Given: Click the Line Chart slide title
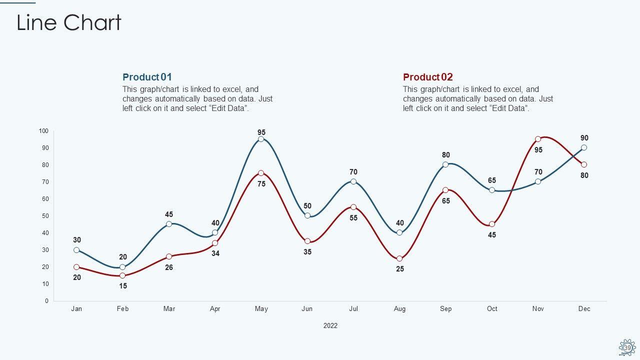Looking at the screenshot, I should point(69,23).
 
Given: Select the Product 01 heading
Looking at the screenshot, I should point(147,77).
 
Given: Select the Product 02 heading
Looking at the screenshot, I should point(427,77).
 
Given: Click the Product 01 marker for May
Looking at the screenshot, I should point(261,139).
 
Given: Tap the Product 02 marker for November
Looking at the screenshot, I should point(538,139).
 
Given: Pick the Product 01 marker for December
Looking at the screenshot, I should point(584,147).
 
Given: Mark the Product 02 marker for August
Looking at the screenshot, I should point(399,258).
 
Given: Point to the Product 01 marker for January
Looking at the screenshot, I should point(76,250).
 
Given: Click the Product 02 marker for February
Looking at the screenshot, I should point(122,275).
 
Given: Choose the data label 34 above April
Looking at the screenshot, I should point(215,253).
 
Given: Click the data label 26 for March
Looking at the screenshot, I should point(169,267).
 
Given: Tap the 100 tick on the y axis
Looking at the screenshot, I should point(44,131).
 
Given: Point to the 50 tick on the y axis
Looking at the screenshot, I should point(45,216).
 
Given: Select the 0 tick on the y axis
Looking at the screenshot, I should point(46,301).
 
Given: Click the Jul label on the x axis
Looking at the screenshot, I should point(353,309).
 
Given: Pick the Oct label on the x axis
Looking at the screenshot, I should point(492,309).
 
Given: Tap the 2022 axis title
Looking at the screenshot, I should point(330,325).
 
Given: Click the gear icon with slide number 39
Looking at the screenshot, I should point(627,347).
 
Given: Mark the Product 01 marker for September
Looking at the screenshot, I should point(445,164).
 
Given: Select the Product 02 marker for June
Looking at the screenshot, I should point(307,241).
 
